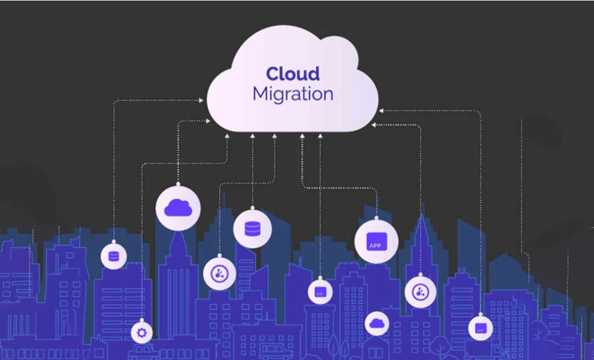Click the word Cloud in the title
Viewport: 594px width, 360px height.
[293, 74]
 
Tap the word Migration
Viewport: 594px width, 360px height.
[293, 94]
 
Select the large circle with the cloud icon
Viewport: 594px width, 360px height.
[178, 208]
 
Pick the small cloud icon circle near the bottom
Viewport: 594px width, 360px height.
[377, 323]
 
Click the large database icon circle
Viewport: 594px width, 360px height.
[253, 228]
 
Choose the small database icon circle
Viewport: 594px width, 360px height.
[114, 256]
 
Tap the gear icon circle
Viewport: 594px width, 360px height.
[141, 332]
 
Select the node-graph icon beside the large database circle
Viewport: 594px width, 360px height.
[220, 274]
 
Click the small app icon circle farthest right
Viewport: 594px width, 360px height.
[480, 328]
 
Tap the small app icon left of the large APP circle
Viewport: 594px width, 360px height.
[320, 292]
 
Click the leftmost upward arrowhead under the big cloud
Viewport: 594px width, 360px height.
[228, 136]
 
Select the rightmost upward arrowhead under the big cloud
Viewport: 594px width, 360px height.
[320, 136]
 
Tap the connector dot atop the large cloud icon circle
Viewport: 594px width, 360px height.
[178, 184]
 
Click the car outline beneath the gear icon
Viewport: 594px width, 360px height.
[141, 351]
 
